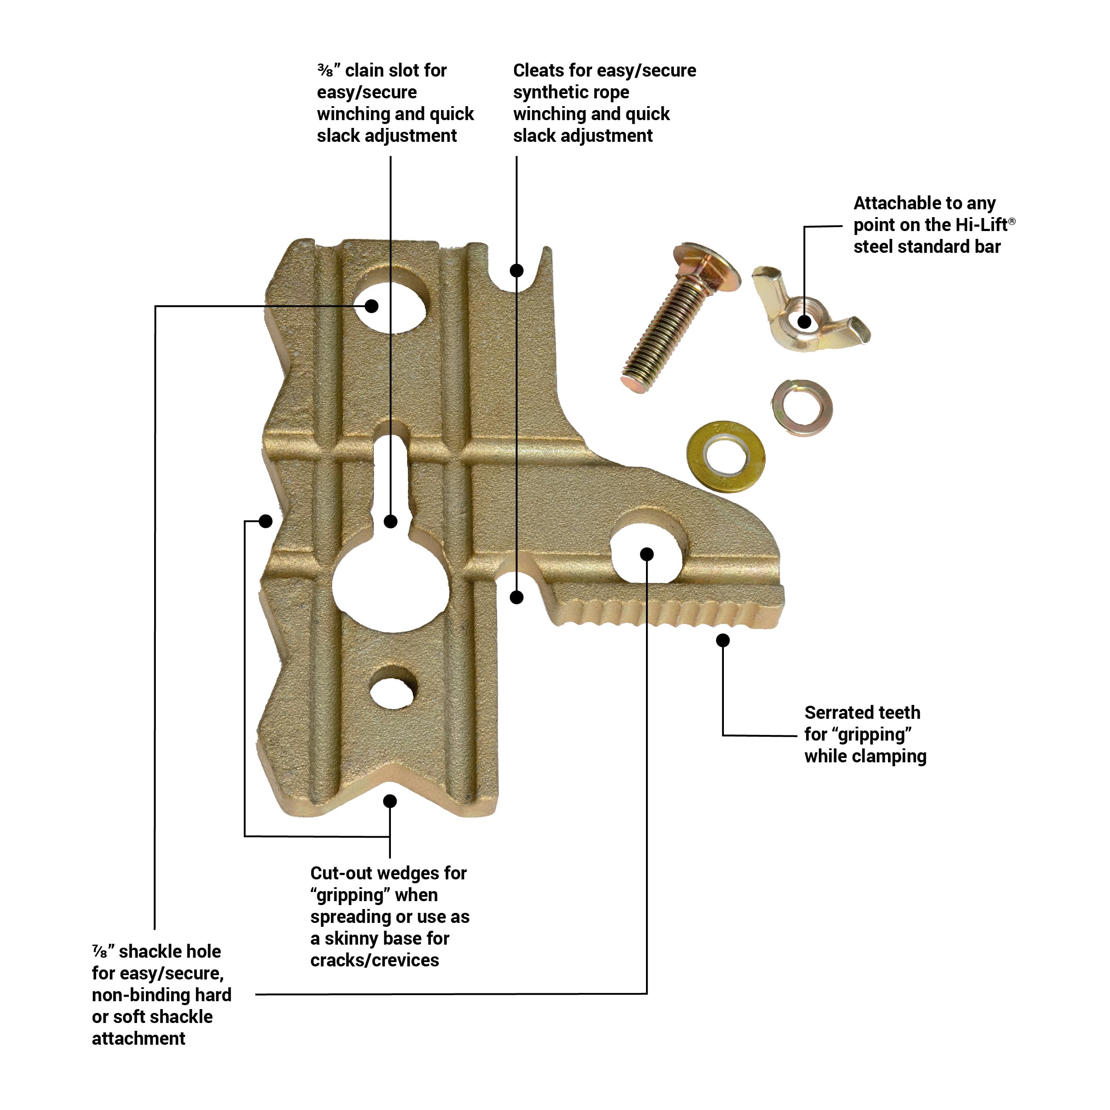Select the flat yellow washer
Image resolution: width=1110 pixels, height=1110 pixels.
click(x=726, y=457)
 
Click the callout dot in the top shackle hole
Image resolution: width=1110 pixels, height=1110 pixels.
click(x=371, y=305)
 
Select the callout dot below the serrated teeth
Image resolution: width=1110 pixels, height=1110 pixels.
click(x=723, y=640)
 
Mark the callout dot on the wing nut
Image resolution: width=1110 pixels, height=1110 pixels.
click(x=804, y=322)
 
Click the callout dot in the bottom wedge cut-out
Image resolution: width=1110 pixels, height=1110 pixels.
click(x=390, y=801)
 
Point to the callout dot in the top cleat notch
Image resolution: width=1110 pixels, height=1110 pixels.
click(x=517, y=270)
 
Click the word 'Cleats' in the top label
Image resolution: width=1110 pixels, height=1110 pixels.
click(x=538, y=70)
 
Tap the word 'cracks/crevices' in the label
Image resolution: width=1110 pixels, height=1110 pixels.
click(x=374, y=960)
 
